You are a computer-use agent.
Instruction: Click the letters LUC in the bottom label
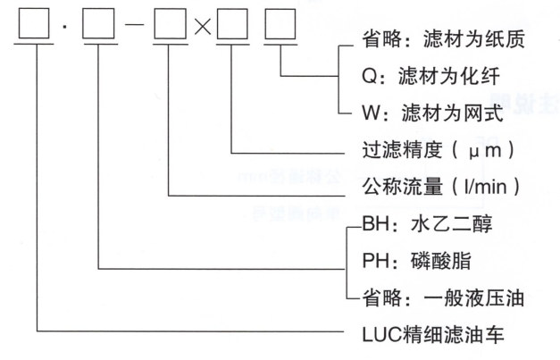377,335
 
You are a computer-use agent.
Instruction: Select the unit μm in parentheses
478,151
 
